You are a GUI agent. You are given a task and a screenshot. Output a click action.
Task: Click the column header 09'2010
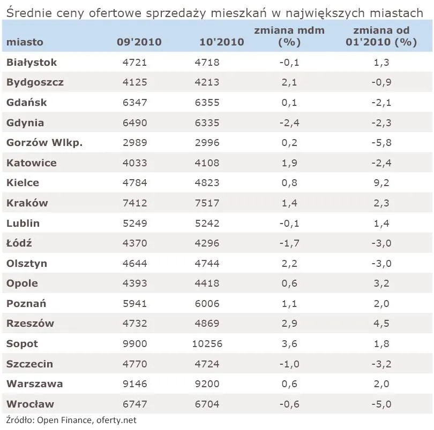(x=139, y=42)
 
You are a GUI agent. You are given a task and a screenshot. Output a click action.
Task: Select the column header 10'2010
(x=222, y=42)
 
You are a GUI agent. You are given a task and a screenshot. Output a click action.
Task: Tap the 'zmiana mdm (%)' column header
(x=289, y=36)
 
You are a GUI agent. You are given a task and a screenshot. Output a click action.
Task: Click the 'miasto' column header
(x=25, y=42)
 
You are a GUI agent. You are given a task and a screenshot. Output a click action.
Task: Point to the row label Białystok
(x=32, y=63)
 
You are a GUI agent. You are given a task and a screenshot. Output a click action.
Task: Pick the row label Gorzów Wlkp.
(x=44, y=143)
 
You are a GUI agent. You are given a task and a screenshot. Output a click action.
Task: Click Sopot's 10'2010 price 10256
(x=207, y=344)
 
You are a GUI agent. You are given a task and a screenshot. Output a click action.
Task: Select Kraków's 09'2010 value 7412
(x=135, y=203)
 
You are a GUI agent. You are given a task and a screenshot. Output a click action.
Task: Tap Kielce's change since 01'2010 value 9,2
(x=381, y=183)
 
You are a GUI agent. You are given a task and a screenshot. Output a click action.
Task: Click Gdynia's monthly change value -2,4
(x=289, y=122)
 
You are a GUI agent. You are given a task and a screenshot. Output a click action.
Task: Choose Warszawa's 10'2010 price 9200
(x=207, y=384)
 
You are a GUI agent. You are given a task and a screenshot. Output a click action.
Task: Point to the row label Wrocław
(x=30, y=404)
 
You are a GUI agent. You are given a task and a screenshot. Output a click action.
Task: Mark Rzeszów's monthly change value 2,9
(x=289, y=324)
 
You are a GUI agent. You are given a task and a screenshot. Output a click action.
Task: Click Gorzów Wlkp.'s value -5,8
(x=381, y=143)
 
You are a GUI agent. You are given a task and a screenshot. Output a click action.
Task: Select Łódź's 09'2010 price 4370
(x=135, y=243)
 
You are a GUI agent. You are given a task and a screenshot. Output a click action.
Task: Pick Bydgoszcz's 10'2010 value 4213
(x=207, y=82)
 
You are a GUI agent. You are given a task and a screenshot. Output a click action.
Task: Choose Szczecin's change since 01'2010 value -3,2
(x=381, y=364)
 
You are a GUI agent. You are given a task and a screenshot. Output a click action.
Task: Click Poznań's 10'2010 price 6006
(x=207, y=304)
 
